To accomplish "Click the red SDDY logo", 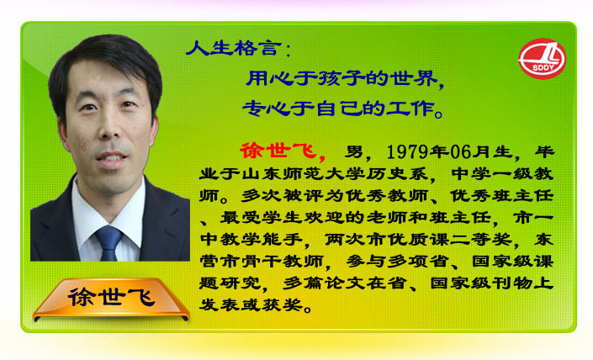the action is pos(542,59).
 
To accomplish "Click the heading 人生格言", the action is pos(234,49).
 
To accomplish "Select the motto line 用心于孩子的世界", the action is pos(342,78).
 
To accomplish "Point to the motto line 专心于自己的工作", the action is pos(338,109).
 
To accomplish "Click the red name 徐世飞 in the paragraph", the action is pos(278,151).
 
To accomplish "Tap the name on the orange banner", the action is pos(111,297).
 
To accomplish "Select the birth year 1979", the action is pos(407,152).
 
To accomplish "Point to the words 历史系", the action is pos(397,174).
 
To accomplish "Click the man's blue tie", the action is pos(109,242).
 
